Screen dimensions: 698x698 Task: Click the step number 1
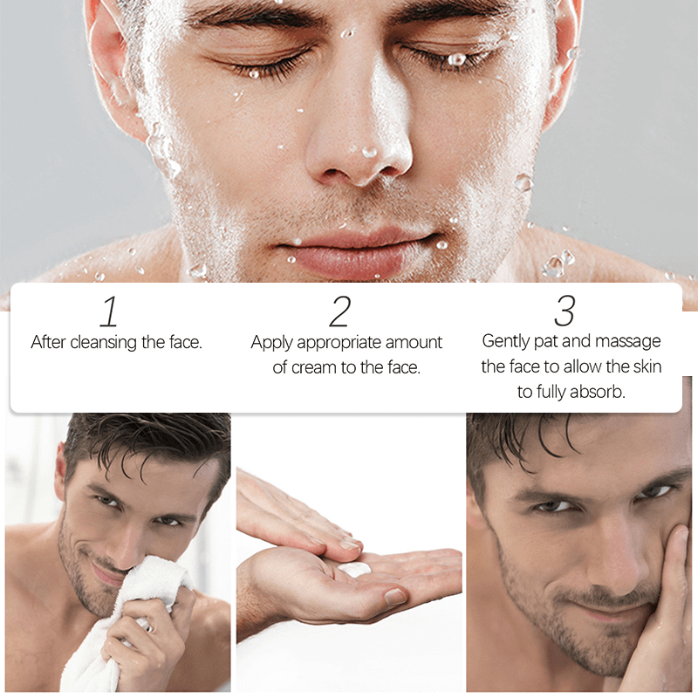tap(109, 311)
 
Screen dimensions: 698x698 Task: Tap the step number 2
tap(340, 311)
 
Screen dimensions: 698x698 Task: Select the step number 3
tap(565, 311)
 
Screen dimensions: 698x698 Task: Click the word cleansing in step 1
tap(104, 343)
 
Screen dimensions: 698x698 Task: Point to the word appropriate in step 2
tap(339, 343)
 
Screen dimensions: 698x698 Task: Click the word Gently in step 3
tap(506, 341)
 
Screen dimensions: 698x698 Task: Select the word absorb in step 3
tap(598, 392)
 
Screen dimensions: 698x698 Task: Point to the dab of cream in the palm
tap(355, 569)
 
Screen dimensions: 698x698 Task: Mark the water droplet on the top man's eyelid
tap(456, 58)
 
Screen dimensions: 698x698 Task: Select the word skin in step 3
tap(647, 366)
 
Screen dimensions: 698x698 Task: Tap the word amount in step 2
tap(414, 342)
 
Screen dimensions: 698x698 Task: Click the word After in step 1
tap(48, 342)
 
